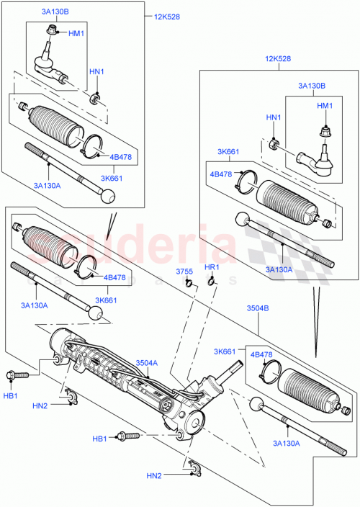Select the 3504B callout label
[x=258, y=308]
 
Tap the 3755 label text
[x=186, y=271]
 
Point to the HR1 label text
[x=211, y=268]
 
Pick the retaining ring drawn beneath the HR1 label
[x=211, y=281]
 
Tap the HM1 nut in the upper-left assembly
[x=53, y=31]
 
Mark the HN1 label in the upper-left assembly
[x=96, y=71]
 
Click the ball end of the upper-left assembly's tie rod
[x=107, y=197]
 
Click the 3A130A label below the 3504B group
[x=287, y=444]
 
